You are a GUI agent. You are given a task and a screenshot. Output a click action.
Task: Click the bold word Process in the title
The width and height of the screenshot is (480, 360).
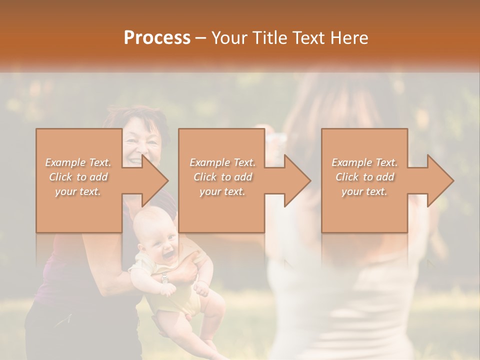[x=157, y=38]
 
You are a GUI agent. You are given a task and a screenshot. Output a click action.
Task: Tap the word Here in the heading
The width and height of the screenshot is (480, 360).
[x=349, y=38]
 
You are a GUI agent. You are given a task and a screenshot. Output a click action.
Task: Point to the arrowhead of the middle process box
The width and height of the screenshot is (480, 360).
[x=298, y=180]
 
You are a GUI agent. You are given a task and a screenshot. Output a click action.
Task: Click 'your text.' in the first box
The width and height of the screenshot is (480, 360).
[x=78, y=191]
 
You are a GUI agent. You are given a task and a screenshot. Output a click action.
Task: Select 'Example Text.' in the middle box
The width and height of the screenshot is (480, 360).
[x=222, y=162]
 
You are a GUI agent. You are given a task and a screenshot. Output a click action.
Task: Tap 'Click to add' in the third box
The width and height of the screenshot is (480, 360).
[x=365, y=177]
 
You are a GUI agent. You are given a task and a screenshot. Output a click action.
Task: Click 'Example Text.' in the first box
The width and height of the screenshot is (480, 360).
[x=78, y=162]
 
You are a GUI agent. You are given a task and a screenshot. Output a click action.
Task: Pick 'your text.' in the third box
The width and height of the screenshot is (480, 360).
[x=364, y=191]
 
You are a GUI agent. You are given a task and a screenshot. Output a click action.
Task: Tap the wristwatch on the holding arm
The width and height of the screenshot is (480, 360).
[x=164, y=278]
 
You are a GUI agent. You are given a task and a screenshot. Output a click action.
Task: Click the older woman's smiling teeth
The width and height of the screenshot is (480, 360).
[x=135, y=161]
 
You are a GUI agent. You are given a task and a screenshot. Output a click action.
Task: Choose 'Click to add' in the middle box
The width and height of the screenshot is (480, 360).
[x=223, y=177]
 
